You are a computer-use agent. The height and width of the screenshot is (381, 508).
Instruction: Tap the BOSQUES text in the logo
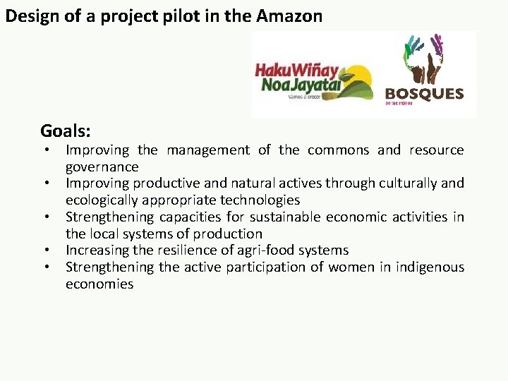click(x=423, y=93)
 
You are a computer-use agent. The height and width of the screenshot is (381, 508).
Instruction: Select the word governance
click(x=102, y=167)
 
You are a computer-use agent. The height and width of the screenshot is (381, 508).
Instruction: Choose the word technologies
click(x=260, y=200)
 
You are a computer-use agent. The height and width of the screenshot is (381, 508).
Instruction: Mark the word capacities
click(x=190, y=217)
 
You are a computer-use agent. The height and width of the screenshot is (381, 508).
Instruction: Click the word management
click(x=207, y=150)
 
